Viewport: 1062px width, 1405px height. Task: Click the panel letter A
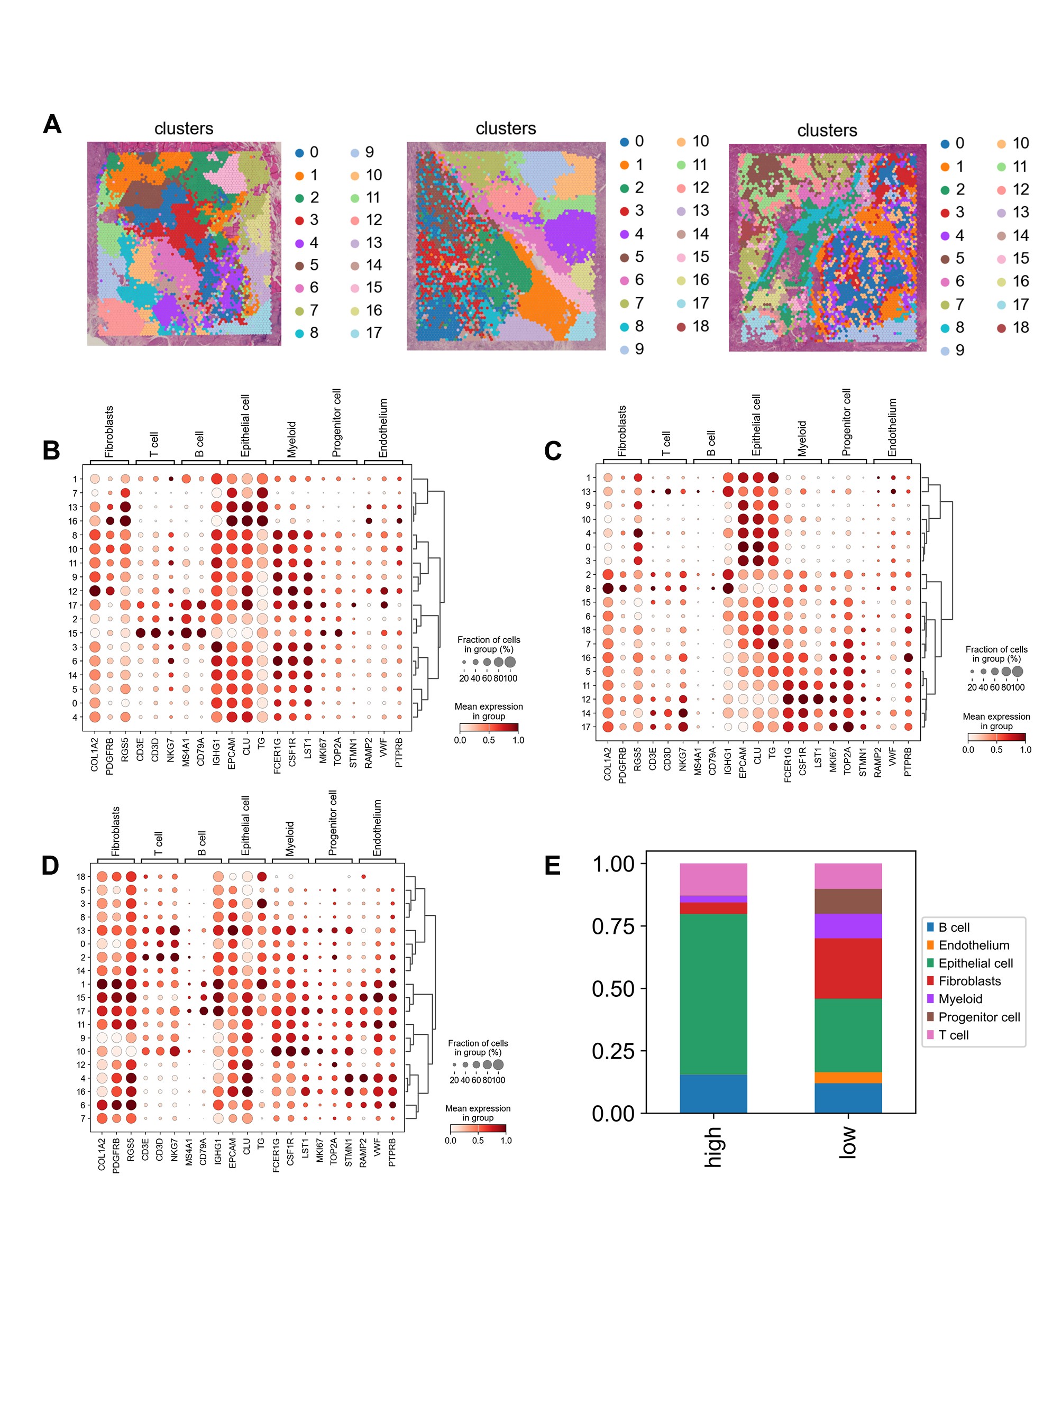tap(52, 124)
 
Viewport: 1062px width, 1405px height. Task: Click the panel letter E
tap(552, 865)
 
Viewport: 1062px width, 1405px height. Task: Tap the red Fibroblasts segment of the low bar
tap(847, 968)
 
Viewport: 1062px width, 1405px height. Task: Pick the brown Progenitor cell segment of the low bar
tap(847, 901)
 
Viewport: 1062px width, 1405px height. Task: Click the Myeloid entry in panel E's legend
tap(960, 999)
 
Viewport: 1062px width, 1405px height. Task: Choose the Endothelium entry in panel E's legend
tap(973, 945)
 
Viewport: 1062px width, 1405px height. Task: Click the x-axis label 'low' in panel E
tap(847, 1143)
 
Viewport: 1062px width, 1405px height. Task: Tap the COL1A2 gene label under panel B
tap(95, 755)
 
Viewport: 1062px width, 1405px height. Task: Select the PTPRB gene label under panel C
tap(908, 761)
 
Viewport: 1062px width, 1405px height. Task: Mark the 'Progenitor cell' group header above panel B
tap(337, 423)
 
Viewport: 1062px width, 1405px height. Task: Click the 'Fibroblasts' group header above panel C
tap(622, 431)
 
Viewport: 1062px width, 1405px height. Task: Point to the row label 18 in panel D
tap(81, 877)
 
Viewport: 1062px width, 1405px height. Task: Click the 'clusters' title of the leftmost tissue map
tap(184, 129)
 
